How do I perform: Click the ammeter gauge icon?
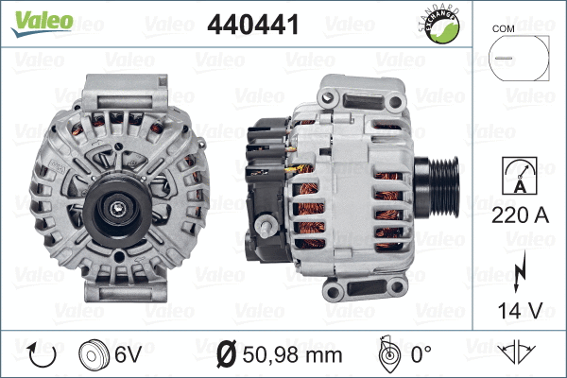518,179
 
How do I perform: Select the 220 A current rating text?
518,215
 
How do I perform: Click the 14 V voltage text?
518,308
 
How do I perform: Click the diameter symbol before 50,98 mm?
225,356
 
